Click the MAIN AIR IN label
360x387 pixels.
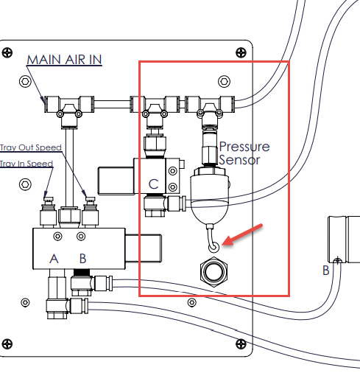point(64,60)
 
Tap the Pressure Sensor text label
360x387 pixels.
point(244,153)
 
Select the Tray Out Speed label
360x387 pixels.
point(31,147)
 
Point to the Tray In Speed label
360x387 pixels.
point(27,164)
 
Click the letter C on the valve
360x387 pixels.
point(153,184)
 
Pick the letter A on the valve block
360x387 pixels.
point(54,259)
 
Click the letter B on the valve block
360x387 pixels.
point(83,259)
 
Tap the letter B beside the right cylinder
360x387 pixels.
point(326,271)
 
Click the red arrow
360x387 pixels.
point(242,234)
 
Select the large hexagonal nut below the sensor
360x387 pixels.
point(213,272)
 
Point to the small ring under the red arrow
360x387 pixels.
point(213,247)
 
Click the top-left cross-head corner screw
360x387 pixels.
point(7,52)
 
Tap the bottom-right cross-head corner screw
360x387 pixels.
point(241,344)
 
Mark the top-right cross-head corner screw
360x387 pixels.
point(241,52)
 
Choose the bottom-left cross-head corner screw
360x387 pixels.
point(7,344)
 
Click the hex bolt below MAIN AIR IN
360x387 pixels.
point(25,81)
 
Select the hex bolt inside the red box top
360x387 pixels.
point(225,81)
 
